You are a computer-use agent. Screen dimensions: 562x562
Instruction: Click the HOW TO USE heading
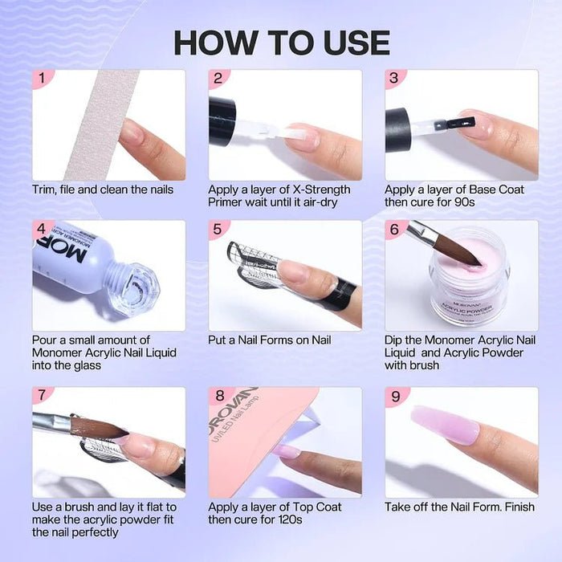(281, 43)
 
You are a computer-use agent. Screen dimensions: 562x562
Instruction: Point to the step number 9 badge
(394, 396)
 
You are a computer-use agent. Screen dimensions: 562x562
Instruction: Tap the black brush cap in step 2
(222, 120)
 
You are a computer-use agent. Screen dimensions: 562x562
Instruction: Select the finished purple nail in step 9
(445, 425)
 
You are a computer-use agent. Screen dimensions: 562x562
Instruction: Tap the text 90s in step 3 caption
(463, 202)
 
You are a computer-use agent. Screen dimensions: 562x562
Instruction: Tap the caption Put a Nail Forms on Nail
(269, 340)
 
